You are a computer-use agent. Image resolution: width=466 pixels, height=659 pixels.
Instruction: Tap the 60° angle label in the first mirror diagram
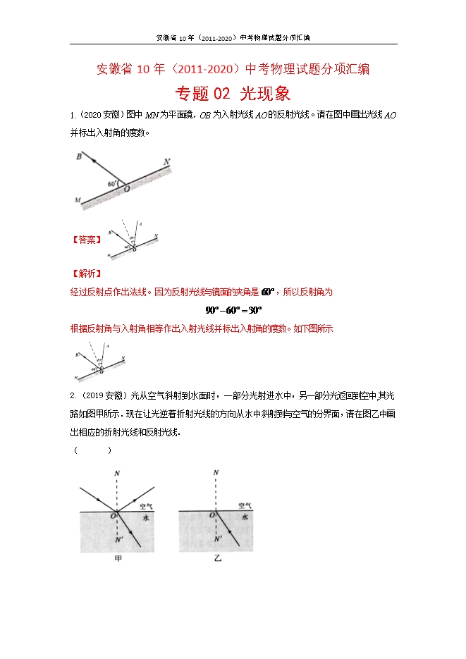coord(112,183)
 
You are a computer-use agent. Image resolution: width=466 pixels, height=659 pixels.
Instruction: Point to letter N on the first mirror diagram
coord(166,162)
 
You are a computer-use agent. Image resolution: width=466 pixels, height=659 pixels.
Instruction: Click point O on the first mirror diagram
coord(126,189)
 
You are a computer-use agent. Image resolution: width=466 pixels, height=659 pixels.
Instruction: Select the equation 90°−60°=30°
coord(233,309)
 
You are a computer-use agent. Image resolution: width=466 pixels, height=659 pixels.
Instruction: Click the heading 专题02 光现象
coord(233,94)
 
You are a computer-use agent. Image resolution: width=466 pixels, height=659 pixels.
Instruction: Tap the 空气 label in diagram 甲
coord(147,505)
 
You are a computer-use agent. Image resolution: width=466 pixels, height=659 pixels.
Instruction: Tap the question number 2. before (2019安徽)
coord(73,395)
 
